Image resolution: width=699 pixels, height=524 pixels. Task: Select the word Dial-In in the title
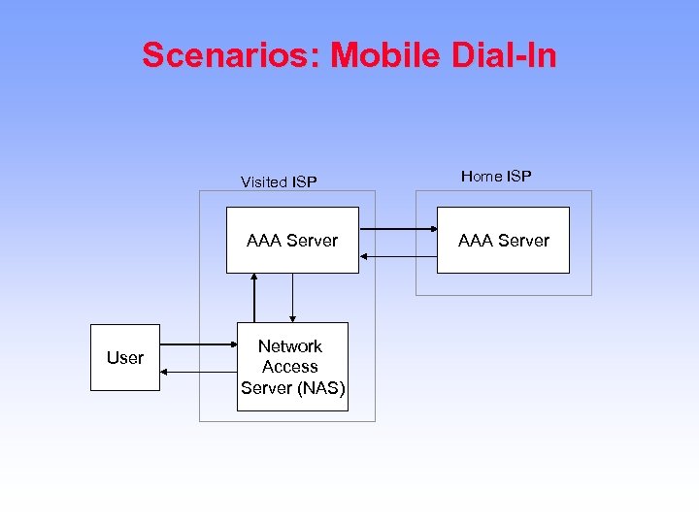[504, 55]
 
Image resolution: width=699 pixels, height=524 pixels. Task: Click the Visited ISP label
[279, 181]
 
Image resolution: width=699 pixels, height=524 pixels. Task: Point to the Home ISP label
[496, 176]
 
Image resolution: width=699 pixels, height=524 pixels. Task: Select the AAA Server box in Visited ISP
[292, 240]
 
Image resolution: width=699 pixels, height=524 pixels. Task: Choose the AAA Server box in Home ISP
[503, 240]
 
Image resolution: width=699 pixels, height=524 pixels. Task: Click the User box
[124, 357]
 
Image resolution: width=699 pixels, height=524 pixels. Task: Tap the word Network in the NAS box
[290, 346]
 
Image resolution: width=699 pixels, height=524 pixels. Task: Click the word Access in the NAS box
[290, 367]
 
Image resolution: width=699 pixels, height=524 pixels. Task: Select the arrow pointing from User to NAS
[198, 344]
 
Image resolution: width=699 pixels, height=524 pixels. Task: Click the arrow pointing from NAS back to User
[198, 371]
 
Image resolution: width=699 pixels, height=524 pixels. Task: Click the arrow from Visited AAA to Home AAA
[397, 229]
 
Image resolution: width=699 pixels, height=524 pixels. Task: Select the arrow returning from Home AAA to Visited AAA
[397, 256]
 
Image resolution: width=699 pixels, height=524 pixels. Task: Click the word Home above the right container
[480, 176]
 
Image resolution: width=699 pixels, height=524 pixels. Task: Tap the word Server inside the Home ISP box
[525, 240]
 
